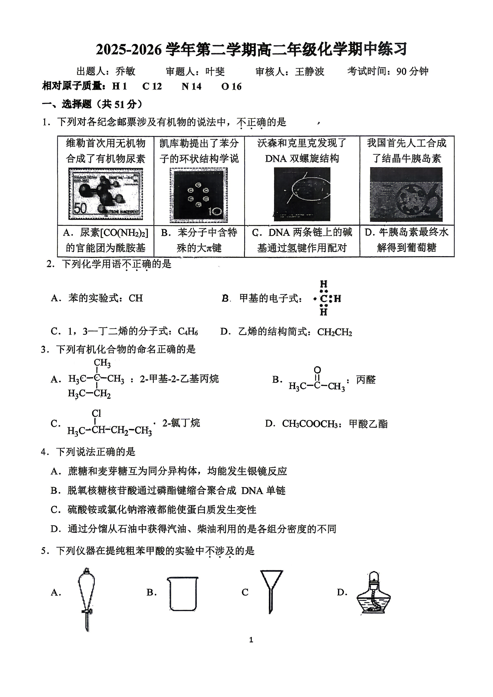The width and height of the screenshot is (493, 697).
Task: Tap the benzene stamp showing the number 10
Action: coord(199,195)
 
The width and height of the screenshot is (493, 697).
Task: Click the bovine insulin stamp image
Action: coord(406,194)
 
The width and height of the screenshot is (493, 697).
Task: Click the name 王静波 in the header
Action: coord(310,72)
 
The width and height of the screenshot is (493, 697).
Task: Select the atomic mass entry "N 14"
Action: coord(191,86)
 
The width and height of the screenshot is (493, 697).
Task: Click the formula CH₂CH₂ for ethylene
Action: coord(334,332)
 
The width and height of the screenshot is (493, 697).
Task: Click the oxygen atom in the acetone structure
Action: coord(317,370)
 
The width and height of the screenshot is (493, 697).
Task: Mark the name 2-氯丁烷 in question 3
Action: coord(181,423)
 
